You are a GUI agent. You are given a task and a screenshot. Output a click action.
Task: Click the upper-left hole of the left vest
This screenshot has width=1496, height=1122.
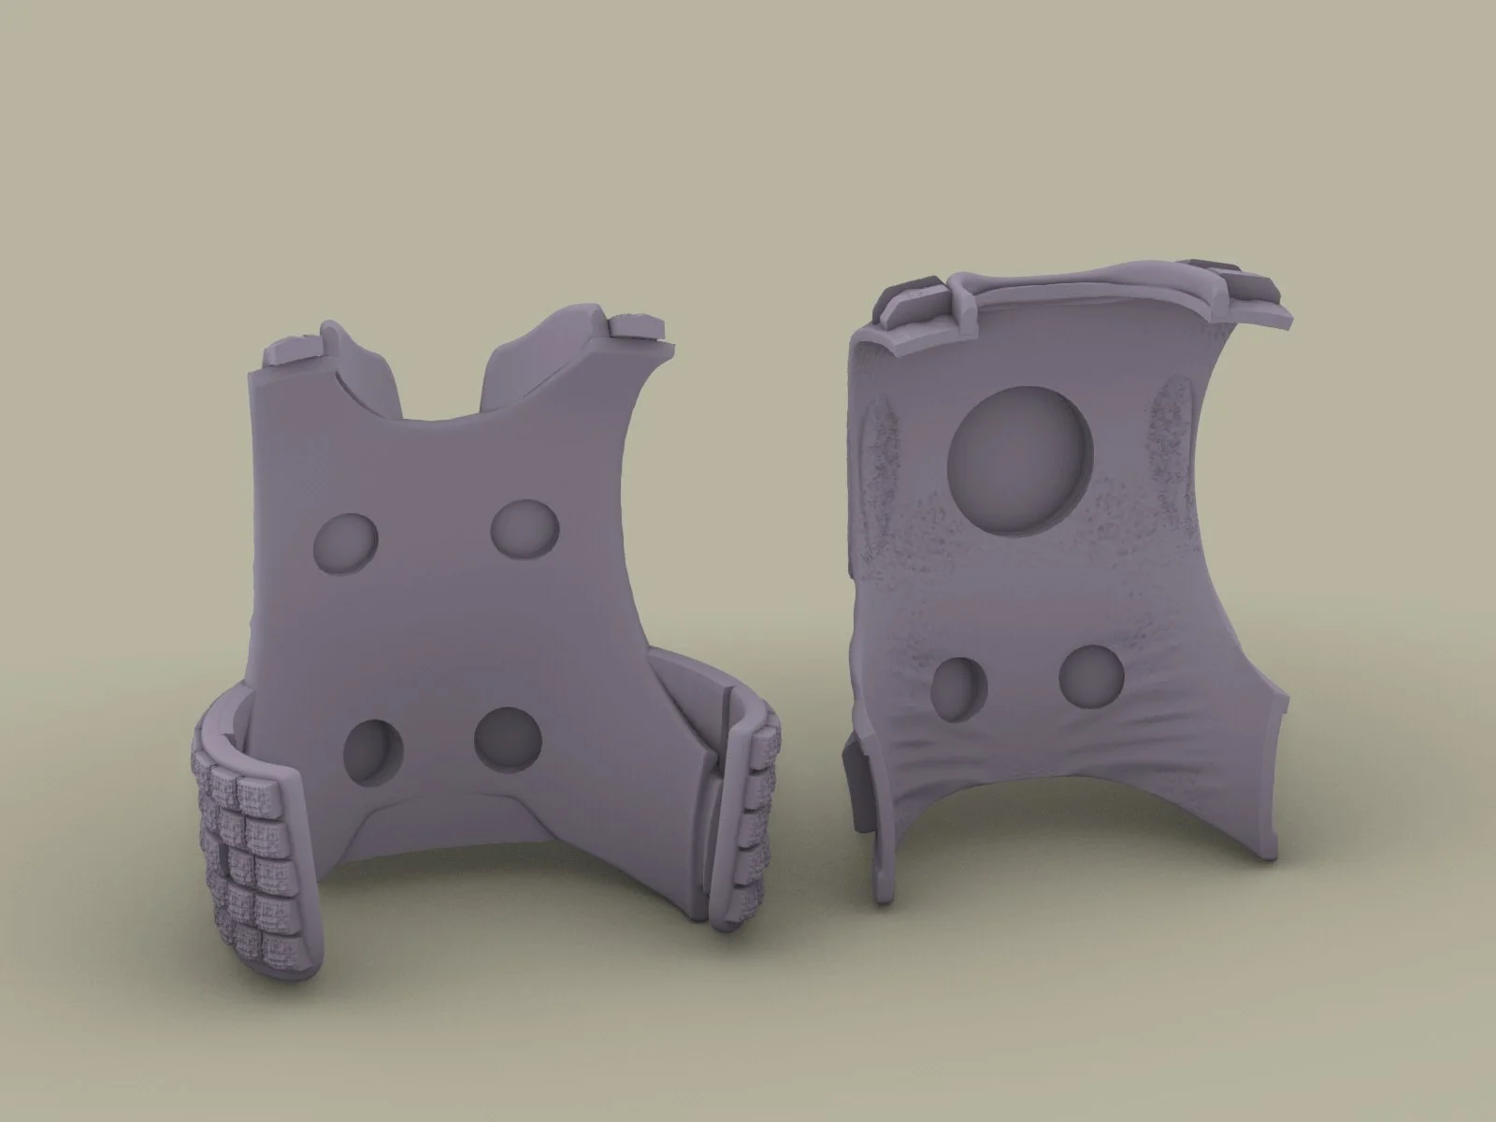tap(345, 542)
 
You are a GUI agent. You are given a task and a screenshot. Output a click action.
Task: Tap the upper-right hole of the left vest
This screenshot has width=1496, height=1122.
tap(522, 529)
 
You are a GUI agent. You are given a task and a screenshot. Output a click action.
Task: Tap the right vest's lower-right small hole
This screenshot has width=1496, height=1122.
tap(1091, 676)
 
